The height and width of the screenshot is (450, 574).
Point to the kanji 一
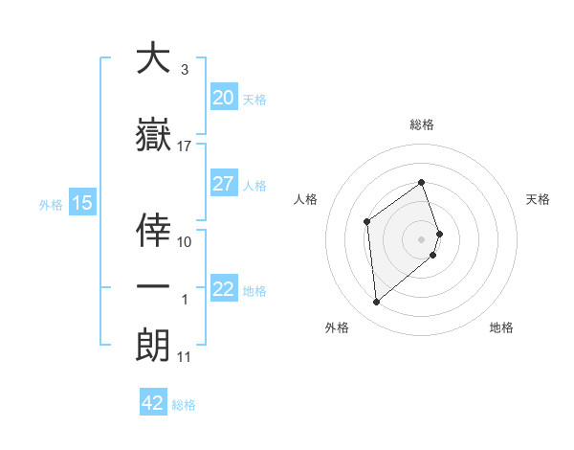[153, 285]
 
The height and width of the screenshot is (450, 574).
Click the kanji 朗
[153, 343]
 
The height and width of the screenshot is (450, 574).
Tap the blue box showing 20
[224, 98]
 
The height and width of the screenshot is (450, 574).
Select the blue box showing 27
[224, 184]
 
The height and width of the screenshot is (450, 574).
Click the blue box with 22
[224, 289]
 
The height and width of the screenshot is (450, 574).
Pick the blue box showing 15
[82, 203]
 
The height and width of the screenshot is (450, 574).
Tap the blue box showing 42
[153, 403]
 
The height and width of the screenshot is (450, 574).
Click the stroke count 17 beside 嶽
[185, 146]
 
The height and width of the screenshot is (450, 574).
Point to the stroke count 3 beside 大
[184, 70]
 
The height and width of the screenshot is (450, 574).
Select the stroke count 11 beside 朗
[185, 357]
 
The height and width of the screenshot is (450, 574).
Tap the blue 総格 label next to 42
[184, 405]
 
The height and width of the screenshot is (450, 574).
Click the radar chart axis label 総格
[422, 124]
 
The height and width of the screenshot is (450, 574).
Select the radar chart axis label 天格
[538, 199]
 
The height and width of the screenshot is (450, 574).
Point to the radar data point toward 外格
[376, 303]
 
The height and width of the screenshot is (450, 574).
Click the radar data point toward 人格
[366, 222]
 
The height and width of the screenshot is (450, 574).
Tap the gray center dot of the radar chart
[422, 238]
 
